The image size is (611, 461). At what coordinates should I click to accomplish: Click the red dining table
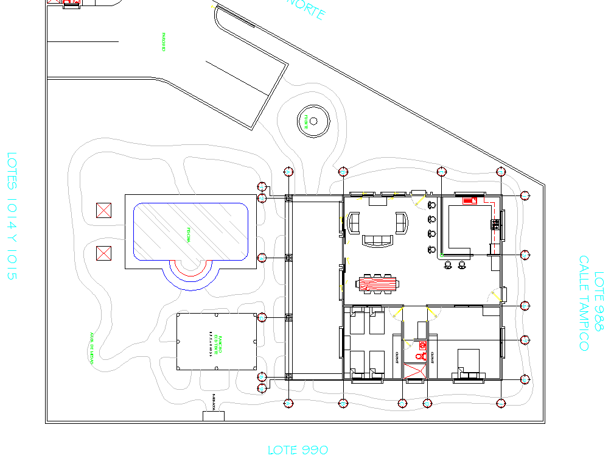(x=379, y=283)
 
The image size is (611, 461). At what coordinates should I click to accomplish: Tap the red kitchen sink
(x=469, y=200)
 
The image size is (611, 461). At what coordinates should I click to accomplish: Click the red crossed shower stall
(x=415, y=371)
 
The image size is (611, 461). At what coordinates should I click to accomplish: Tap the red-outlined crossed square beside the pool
(x=105, y=253)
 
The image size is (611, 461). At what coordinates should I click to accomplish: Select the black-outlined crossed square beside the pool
(x=105, y=211)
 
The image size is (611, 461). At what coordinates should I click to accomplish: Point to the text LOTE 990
(x=298, y=450)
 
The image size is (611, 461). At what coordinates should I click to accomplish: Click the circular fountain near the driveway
(x=313, y=121)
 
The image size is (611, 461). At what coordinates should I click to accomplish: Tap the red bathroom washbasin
(x=422, y=345)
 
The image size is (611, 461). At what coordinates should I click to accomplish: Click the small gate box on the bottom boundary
(x=214, y=416)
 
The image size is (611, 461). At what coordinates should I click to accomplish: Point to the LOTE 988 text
(x=599, y=301)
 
